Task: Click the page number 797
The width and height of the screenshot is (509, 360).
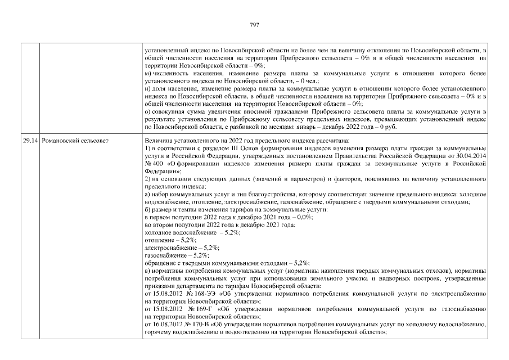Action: click(x=254, y=24)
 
